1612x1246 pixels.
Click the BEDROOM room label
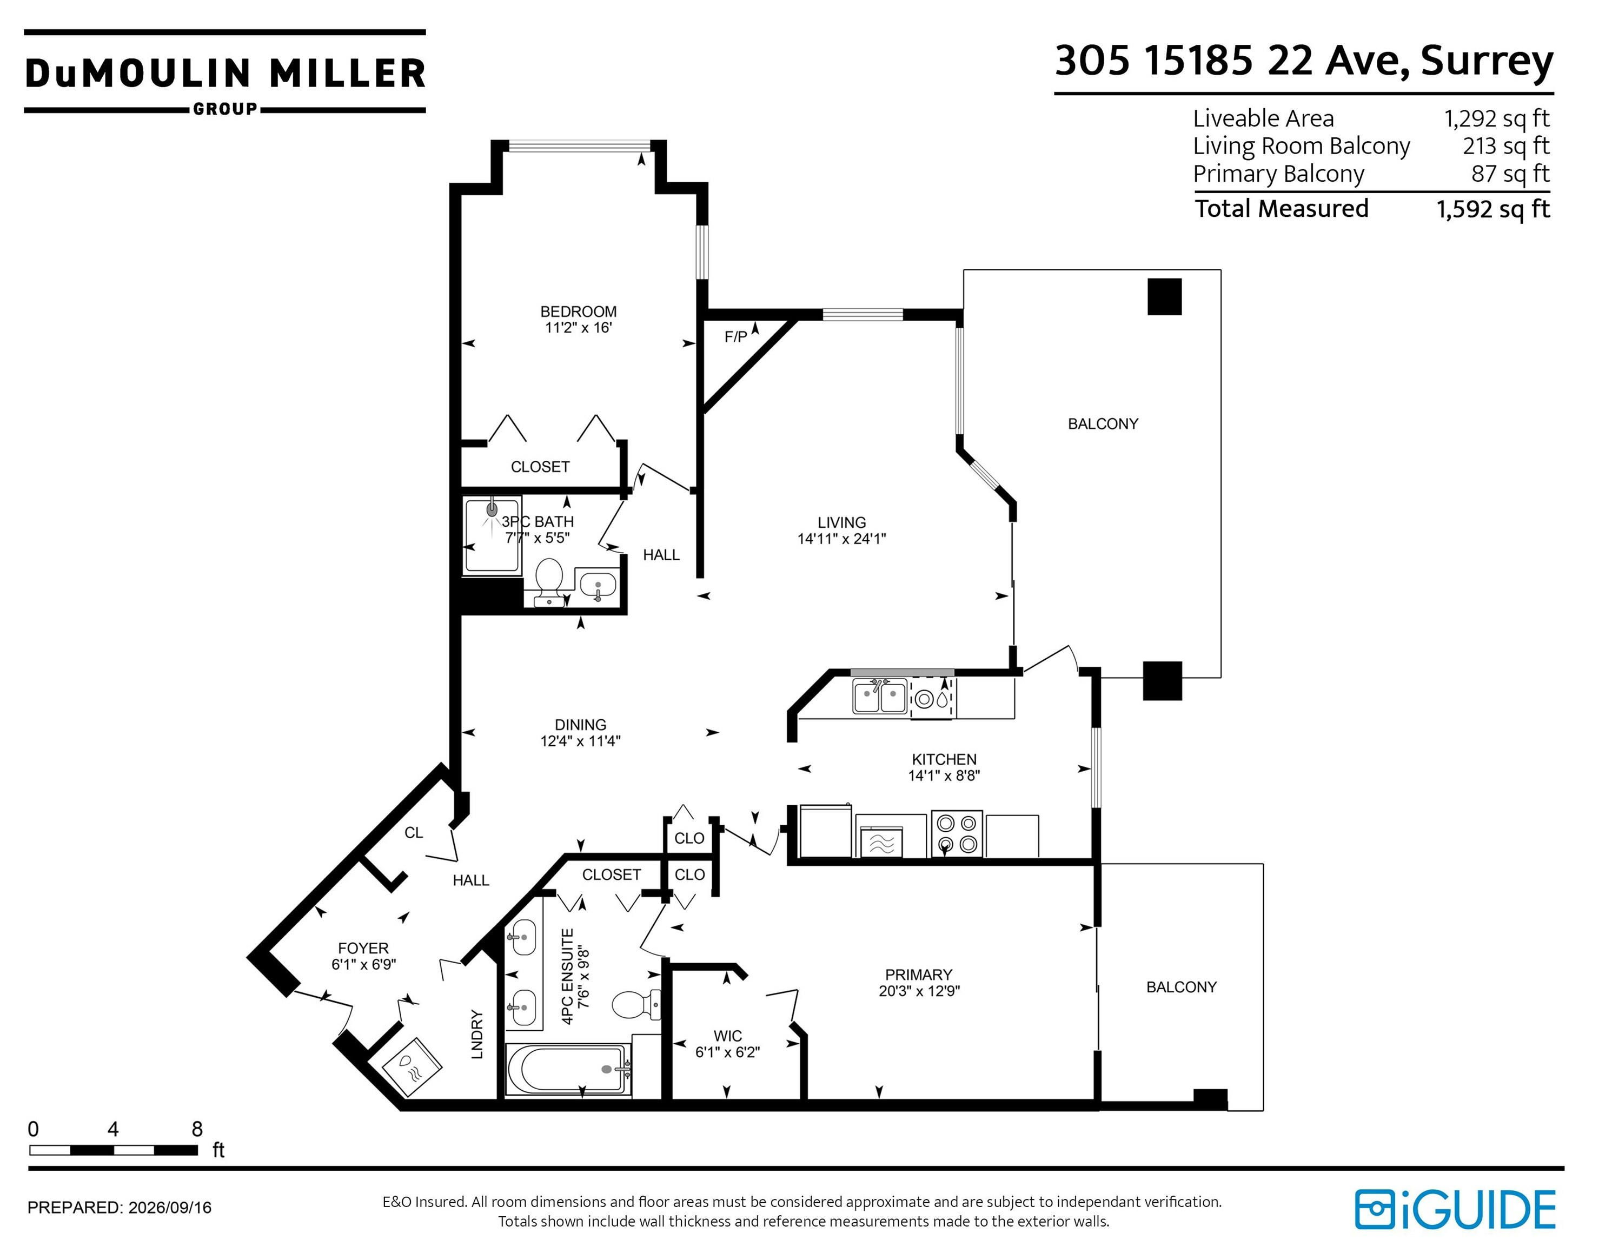578,311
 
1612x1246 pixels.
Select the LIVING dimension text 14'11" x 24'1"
841,539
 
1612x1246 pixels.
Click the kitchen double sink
879,697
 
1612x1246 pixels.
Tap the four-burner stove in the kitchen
957,833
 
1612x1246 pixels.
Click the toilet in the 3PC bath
548,582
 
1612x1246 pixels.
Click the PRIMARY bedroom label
918,975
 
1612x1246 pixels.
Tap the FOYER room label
363,948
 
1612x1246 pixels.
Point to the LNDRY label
477,1035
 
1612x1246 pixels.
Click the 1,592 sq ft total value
1493,209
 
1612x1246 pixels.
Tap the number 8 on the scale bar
197,1129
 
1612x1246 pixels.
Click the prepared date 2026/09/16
170,1208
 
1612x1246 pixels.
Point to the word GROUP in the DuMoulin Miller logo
225,109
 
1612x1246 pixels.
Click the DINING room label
580,725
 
